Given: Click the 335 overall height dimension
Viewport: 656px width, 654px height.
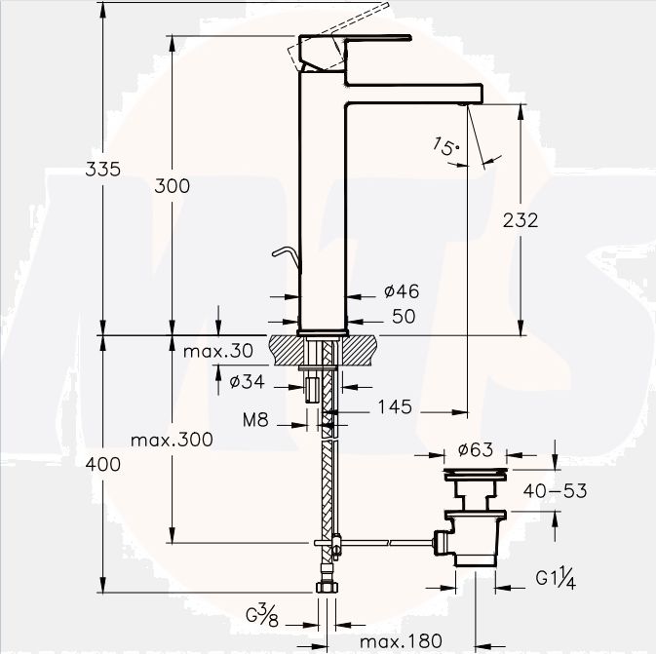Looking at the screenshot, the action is tap(102, 170).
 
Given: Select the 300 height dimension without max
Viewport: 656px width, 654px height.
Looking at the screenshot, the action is tap(172, 186).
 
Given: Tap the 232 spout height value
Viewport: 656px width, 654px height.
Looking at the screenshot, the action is tap(521, 220).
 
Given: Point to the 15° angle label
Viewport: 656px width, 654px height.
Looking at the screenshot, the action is tap(445, 146).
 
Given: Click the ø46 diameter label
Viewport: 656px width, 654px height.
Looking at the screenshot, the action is tap(402, 291).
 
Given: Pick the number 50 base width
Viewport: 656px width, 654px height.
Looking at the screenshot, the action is tap(404, 317).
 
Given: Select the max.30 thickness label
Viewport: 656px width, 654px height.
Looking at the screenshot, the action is tap(218, 351).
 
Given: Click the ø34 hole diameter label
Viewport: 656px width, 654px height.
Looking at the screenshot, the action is tap(248, 381).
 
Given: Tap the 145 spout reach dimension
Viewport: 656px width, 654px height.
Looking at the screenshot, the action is tap(396, 406).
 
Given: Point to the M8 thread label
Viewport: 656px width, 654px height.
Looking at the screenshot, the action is tap(255, 420).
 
